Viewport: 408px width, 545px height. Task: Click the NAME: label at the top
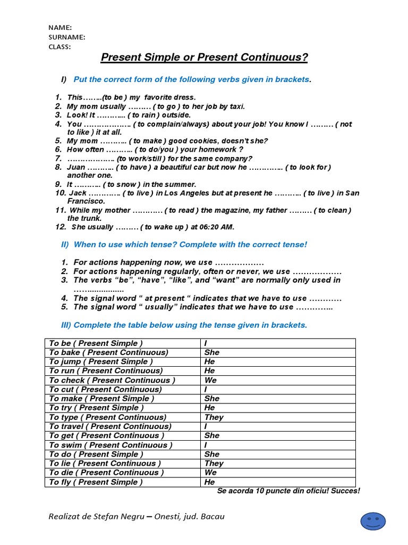click(x=60, y=28)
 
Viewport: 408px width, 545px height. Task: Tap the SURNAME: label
click(x=67, y=37)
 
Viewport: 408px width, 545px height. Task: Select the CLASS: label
click(x=59, y=46)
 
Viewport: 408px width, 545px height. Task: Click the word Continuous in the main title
click(x=268, y=57)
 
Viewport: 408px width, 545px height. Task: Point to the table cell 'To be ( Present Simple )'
click(x=96, y=343)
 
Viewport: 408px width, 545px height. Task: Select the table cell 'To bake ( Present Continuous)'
click(x=108, y=352)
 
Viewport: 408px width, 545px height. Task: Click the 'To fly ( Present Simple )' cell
click(x=96, y=482)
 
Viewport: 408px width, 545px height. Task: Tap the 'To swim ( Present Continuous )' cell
click(x=110, y=445)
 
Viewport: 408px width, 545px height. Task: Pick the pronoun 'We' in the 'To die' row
click(x=210, y=473)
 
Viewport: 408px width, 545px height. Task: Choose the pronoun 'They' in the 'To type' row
click(x=214, y=417)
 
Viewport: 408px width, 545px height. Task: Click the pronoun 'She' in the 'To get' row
click(x=211, y=435)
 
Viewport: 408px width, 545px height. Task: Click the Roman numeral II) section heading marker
click(x=66, y=244)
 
